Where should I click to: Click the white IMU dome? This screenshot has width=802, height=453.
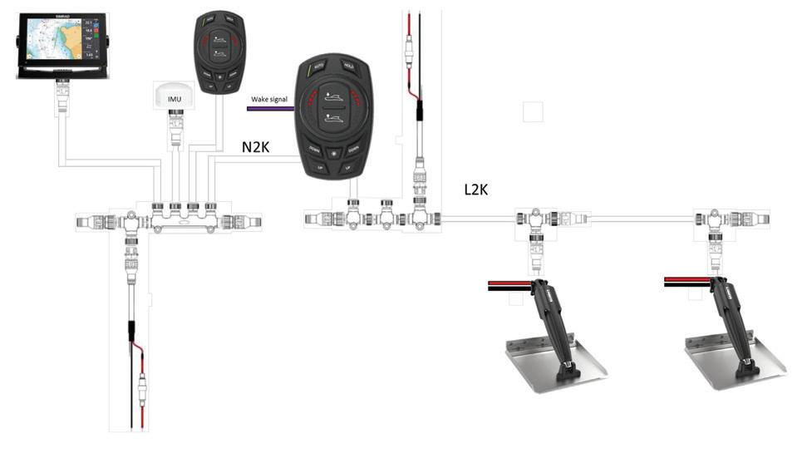point(175,96)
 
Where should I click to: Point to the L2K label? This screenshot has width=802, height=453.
point(476,190)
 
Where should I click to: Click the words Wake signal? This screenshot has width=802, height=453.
point(269,99)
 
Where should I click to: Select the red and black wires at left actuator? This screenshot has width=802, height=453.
point(509,285)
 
